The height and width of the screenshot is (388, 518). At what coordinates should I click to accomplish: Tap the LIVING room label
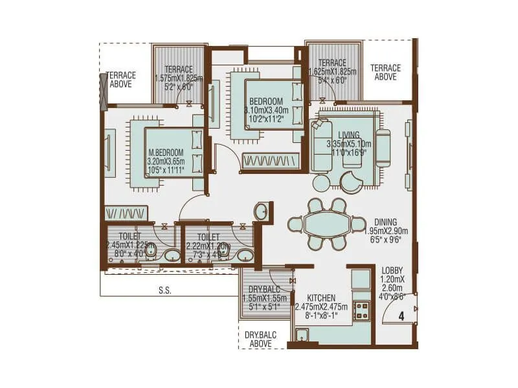(348, 135)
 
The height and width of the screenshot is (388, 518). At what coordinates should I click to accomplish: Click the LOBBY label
(392, 270)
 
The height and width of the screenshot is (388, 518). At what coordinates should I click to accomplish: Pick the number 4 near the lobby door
(401, 316)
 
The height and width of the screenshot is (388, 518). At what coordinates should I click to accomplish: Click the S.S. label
(164, 291)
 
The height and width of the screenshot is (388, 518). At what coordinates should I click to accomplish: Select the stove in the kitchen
(361, 312)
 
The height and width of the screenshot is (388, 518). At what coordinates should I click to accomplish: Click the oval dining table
(328, 224)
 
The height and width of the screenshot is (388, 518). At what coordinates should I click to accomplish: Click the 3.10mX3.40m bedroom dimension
(267, 111)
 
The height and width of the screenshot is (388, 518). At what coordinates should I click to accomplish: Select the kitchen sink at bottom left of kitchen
(301, 334)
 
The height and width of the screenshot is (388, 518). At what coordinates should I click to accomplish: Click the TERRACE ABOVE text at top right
(385, 72)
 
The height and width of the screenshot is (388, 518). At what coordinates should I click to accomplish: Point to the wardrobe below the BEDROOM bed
(271, 160)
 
